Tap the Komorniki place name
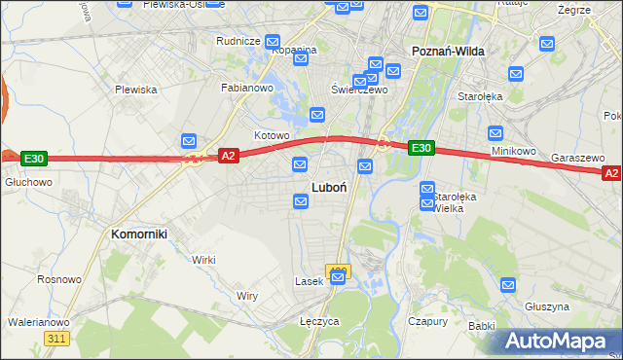[x=139, y=234]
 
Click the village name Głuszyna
[x=546, y=306]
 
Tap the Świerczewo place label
[x=359, y=90]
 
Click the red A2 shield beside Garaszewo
[x=610, y=173]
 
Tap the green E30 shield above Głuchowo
[x=34, y=158]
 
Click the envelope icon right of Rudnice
[x=273, y=42]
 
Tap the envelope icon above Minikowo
[x=495, y=133]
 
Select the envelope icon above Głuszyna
[x=508, y=285]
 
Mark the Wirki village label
[x=202, y=260]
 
